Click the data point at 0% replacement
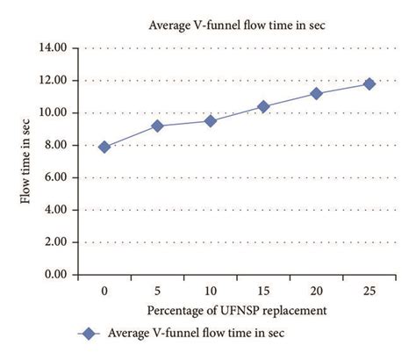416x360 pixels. [x=104, y=147]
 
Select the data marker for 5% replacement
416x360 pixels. [x=157, y=126]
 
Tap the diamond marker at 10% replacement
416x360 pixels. [x=210, y=121]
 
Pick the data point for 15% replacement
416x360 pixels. [x=263, y=106]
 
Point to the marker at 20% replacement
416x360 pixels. [x=316, y=93]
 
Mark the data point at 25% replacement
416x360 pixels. [x=369, y=83]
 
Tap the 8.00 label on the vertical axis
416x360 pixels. [x=57, y=146]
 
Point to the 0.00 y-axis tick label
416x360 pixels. [x=57, y=275]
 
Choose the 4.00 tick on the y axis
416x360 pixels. [x=57, y=211]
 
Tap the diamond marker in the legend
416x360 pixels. [x=86, y=333]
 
